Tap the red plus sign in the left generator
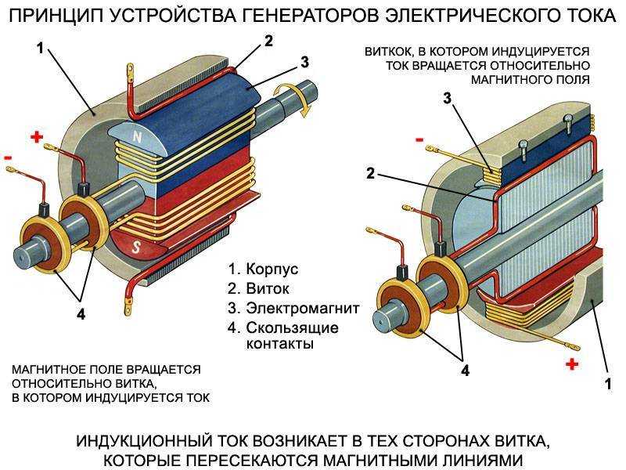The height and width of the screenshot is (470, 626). pos(37,137)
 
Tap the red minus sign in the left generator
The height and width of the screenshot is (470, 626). pos(8,157)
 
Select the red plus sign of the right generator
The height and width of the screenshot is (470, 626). pos(572,363)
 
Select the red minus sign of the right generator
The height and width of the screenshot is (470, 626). pos(419,139)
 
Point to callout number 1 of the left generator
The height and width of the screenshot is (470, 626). pos(40,48)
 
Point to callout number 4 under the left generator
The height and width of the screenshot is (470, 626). pos(81,314)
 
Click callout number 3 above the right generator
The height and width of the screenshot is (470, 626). pos(447,98)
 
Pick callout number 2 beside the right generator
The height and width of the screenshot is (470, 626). pos(370,173)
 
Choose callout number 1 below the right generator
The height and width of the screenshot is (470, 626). pos(608,384)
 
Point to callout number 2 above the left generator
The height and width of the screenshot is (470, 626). pos(268,42)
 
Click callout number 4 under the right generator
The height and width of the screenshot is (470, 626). pos(465,371)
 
